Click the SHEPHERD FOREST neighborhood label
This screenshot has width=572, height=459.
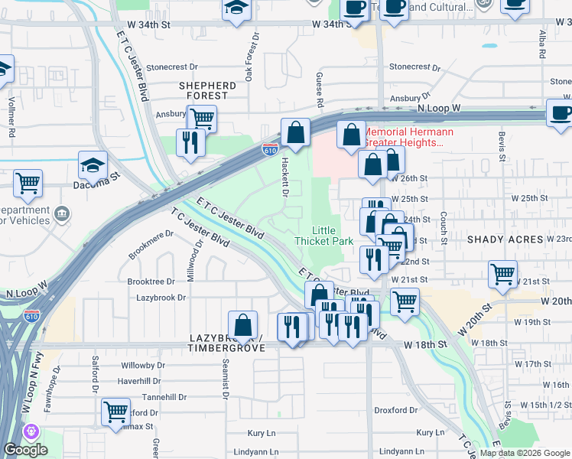coord(207,90)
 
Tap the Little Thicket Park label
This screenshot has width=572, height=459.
coord(323,236)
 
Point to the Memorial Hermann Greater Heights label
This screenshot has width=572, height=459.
coord(408,137)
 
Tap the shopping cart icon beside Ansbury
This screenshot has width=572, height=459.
coord(202,119)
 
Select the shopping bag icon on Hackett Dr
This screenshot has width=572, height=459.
coord(294,132)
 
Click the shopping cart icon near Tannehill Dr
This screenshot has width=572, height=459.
coord(115,412)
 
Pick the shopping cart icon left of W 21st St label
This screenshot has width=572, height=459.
coord(502,273)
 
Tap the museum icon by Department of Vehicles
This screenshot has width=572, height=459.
coord(61,213)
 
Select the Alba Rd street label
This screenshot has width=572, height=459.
coord(541,45)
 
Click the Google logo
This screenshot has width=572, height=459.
coord(24,450)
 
